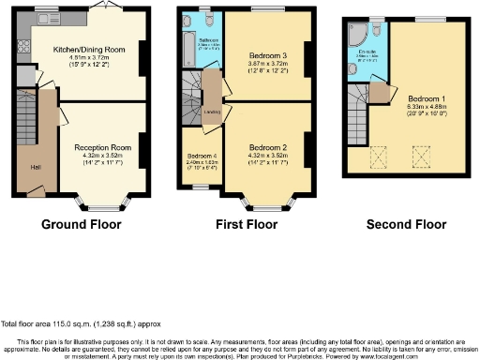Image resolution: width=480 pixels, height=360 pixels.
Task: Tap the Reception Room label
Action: pyautogui.click(x=102, y=147)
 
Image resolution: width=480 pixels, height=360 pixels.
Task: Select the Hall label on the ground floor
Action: pyautogui.click(x=36, y=168)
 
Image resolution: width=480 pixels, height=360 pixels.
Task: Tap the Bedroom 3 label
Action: pyautogui.click(x=267, y=55)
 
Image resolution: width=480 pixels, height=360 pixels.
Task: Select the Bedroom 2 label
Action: pyautogui.click(x=267, y=146)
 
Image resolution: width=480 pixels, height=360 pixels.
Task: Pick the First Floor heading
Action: pyautogui.click(x=246, y=225)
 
